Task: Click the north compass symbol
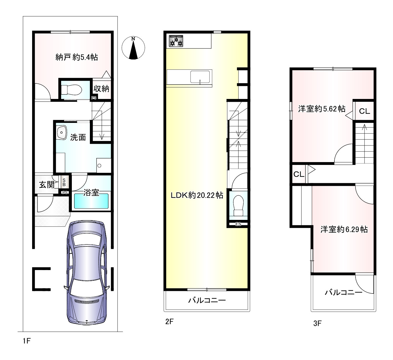click(x=133, y=48)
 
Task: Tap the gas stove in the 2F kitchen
click(x=176, y=41)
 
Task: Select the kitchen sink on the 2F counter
click(x=200, y=77)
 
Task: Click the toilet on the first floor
click(x=71, y=90)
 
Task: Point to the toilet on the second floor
click(x=238, y=206)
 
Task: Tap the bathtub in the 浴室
click(x=91, y=201)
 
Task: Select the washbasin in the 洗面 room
click(x=62, y=132)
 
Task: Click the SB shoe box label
click(x=64, y=182)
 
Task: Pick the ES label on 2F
click(x=238, y=224)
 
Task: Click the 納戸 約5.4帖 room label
click(x=77, y=57)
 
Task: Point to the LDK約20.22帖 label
click(x=197, y=195)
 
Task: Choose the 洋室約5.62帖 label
click(x=322, y=109)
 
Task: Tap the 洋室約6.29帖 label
click(x=344, y=229)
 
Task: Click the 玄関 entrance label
click(x=47, y=185)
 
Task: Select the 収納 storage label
click(x=101, y=89)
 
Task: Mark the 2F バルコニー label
click(x=207, y=301)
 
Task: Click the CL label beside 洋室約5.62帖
click(x=364, y=111)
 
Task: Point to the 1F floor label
click(x=27, y=341)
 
